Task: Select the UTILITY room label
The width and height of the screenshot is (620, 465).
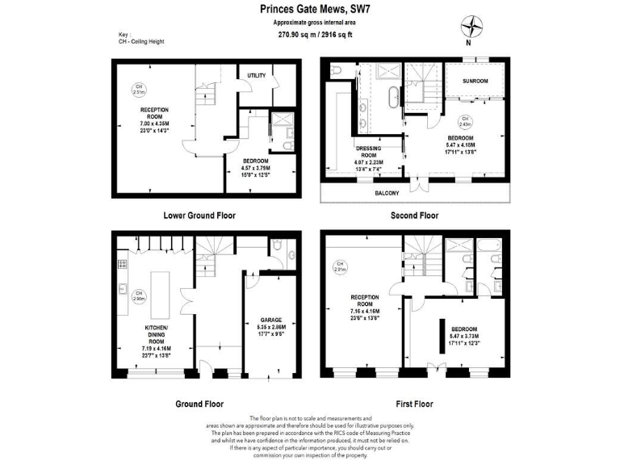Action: [x=257, y=75]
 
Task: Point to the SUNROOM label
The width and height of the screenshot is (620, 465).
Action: [x=475, y=82]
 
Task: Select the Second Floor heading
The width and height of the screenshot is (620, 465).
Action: [x=414, y=216]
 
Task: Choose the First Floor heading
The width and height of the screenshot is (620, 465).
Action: [x=414, y=404]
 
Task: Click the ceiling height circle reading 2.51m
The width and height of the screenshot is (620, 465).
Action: [x=139, y=89]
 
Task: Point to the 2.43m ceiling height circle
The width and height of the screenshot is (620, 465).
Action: [x=465, y=123]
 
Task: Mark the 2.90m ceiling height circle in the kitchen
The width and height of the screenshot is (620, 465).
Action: [x=139, y=295]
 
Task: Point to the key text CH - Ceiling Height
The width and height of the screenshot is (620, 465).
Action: [x=141, y=41]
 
